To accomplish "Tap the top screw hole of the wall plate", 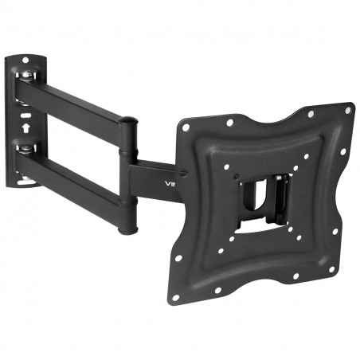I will pyautogui.click(x=26, y=61).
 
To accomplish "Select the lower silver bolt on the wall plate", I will pyautogui.click(x=28, y=151).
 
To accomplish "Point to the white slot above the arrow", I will pyautogui.click(x=24, y=113).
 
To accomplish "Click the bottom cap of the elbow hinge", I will pyautogui.click(x=126, y=231).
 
